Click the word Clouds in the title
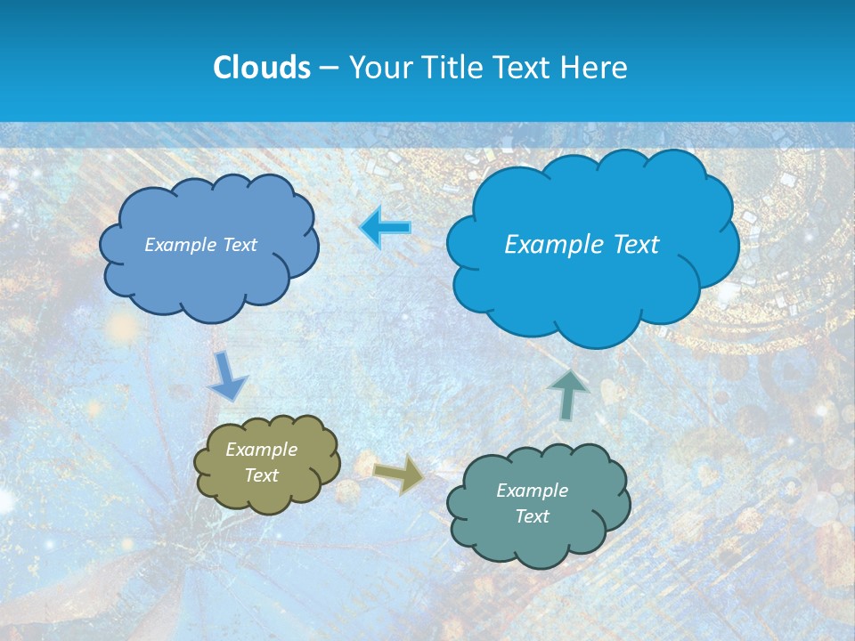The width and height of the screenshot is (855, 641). click(261, 68)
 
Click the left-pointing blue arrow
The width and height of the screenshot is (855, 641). click(386, 229)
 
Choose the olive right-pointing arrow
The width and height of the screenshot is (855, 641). click(398, 474)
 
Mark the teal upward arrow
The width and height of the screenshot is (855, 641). click(568, 394)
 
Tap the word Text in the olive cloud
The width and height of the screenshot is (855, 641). click(261, 475)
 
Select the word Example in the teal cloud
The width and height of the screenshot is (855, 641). click(532, 491)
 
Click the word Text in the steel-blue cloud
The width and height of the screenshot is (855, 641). click(238, 245)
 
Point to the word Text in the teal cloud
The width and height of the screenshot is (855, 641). click(532, 516)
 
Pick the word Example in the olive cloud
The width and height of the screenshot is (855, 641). click(261, 450)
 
